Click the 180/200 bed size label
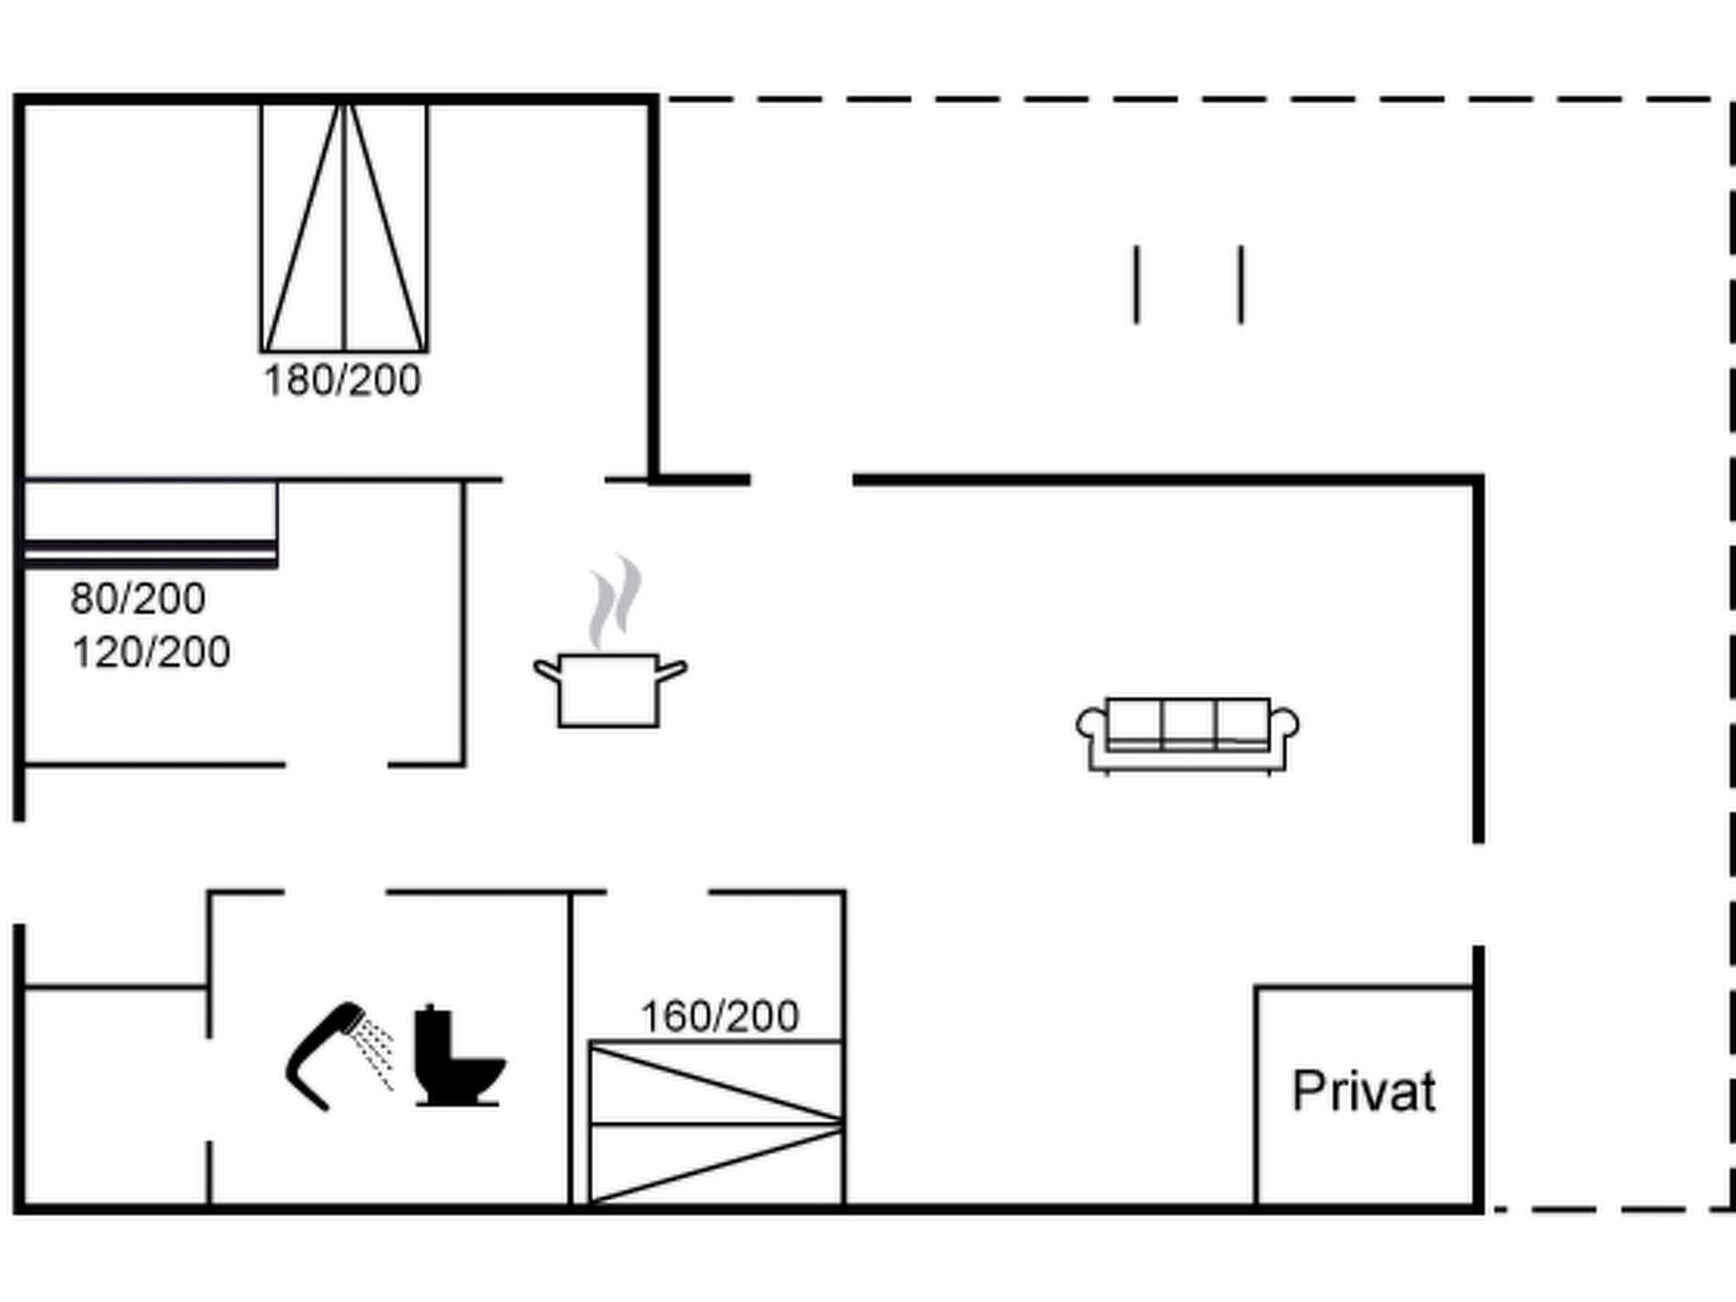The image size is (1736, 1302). [x=342, y=381]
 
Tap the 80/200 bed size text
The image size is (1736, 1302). [x=137, y=598]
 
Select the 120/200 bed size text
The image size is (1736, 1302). [x=151, y=653]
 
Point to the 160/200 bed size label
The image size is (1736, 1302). [x=720, y=1016]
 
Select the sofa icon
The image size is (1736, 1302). [x=1188, y=736]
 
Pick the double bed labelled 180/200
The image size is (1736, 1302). [x=344, y=226]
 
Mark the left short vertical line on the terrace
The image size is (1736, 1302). [x=1137, y=285]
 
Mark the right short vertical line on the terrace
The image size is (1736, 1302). [x=1241, y=285]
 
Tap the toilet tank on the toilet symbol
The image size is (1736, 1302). [x=432, y=1033]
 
